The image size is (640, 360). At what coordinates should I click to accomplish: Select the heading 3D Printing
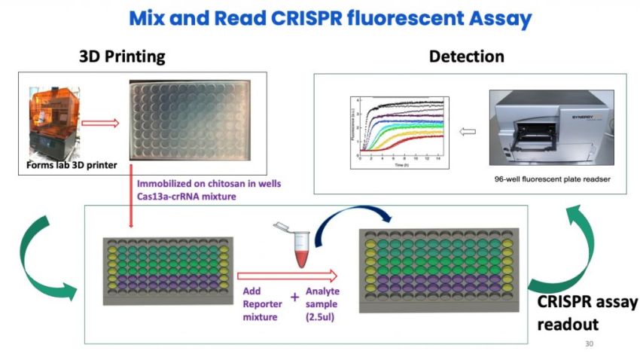click(x=122, y=56)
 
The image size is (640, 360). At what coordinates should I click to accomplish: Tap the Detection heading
click(x=466, y=56)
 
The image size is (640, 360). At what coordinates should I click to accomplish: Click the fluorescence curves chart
click(x=399, y=130)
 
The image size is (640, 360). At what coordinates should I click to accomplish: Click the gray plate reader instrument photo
click(x=550, y=128)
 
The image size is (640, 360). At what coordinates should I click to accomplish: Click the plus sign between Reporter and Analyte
click(x=294, y=296)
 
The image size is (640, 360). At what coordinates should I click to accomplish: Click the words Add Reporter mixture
click(x=261, y=304)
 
